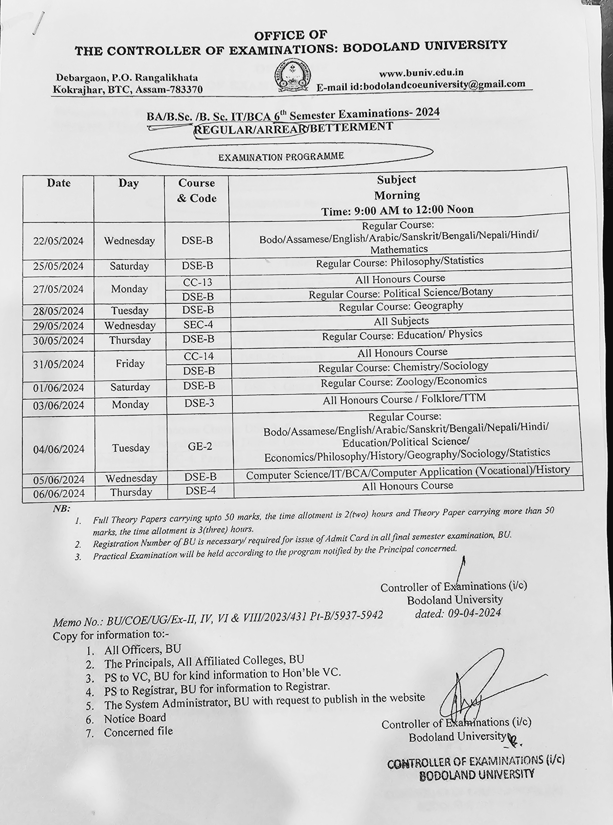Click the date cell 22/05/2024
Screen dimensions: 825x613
(x=58, y=241)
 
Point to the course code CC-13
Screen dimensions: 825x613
(x=197, y=282)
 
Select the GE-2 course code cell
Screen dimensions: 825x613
(x=200, y=447)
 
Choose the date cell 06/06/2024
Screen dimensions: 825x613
(x=59, y=493)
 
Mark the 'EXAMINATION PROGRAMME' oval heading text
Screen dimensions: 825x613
(x=281, y=157)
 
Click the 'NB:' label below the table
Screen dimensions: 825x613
(x=61, y=509)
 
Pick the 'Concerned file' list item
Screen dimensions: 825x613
(x=138, y=732)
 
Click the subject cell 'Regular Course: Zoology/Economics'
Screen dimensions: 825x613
(x=403, y=382)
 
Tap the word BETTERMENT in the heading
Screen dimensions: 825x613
(x=351, y=127)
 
